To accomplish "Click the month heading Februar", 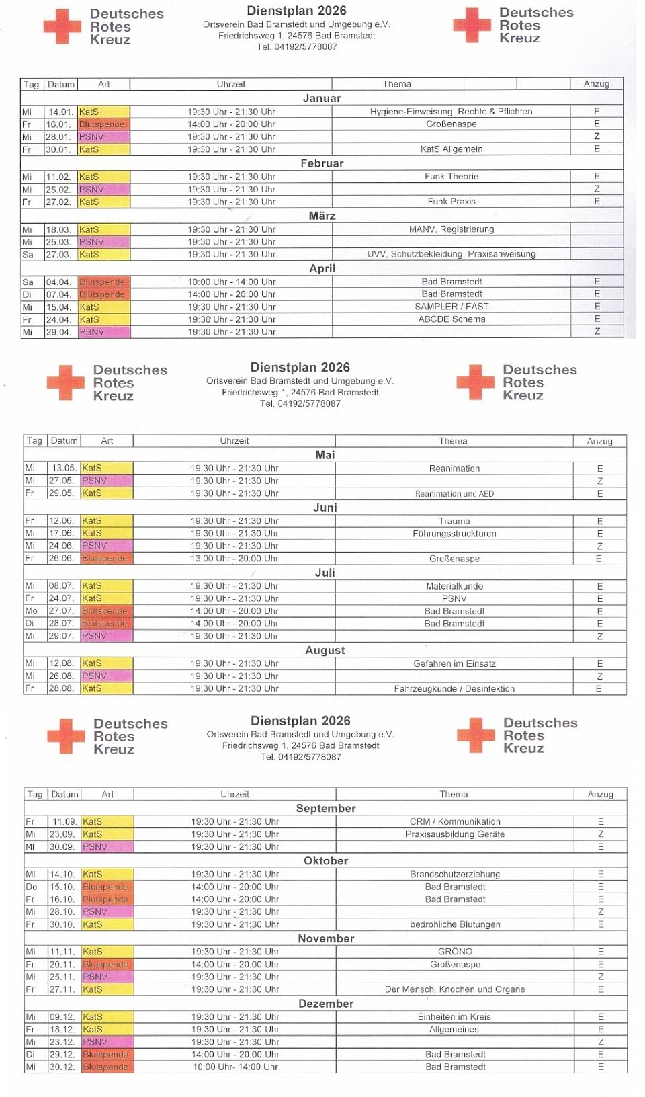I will pyautogui.click(x=322, y=163).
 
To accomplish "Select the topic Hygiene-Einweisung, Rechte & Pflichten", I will pyautogui.click(x=451, y=112).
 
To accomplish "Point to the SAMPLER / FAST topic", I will pyautogui.click(x=451, y=307).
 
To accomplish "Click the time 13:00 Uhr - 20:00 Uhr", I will pyautogui.click(x=234, y=559).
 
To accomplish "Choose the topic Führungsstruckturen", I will pyautogui.click(x=454, y=534).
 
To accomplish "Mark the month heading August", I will pyautogui.click(x=325, y=650).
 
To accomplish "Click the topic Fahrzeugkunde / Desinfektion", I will pyautogui.click(x=454, y=689).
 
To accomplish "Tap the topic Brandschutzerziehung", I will pyautogui.click(x=455, y=875).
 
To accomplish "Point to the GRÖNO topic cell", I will pyautogui.click(x=455, y=952).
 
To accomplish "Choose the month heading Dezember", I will pyautogui.click(x=326, y=1004).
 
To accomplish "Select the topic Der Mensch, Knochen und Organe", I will pyautogui.click(x=455, y=989).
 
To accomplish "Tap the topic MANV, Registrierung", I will pyautogui.click(x=451, y=229).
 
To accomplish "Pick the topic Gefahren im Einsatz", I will pyautogui.click(x=454, y=664).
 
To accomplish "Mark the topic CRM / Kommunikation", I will pyautogui.click(x=455, y=822).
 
